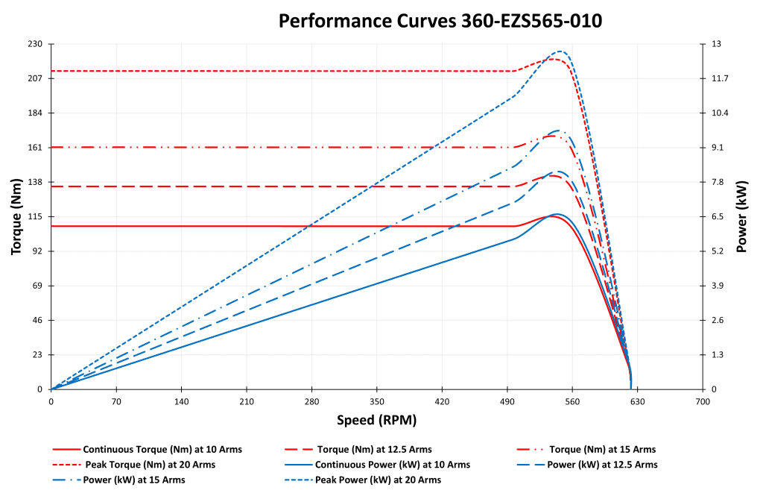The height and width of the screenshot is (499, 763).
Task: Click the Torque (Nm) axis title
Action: (16, 216)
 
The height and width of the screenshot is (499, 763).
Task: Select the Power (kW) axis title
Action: (741, 216)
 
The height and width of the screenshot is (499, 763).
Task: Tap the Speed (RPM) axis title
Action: (376, 420)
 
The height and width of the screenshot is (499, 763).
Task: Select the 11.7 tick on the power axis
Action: (720, 78)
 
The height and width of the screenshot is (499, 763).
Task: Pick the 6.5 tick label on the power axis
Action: (718, 216)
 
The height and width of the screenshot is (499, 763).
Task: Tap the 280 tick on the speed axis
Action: (311, 401)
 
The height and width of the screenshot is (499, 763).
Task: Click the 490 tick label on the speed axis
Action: (507, 401)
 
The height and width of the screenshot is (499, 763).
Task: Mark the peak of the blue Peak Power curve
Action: (560, 51)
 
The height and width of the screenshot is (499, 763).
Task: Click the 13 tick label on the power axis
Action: (716, 44)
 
